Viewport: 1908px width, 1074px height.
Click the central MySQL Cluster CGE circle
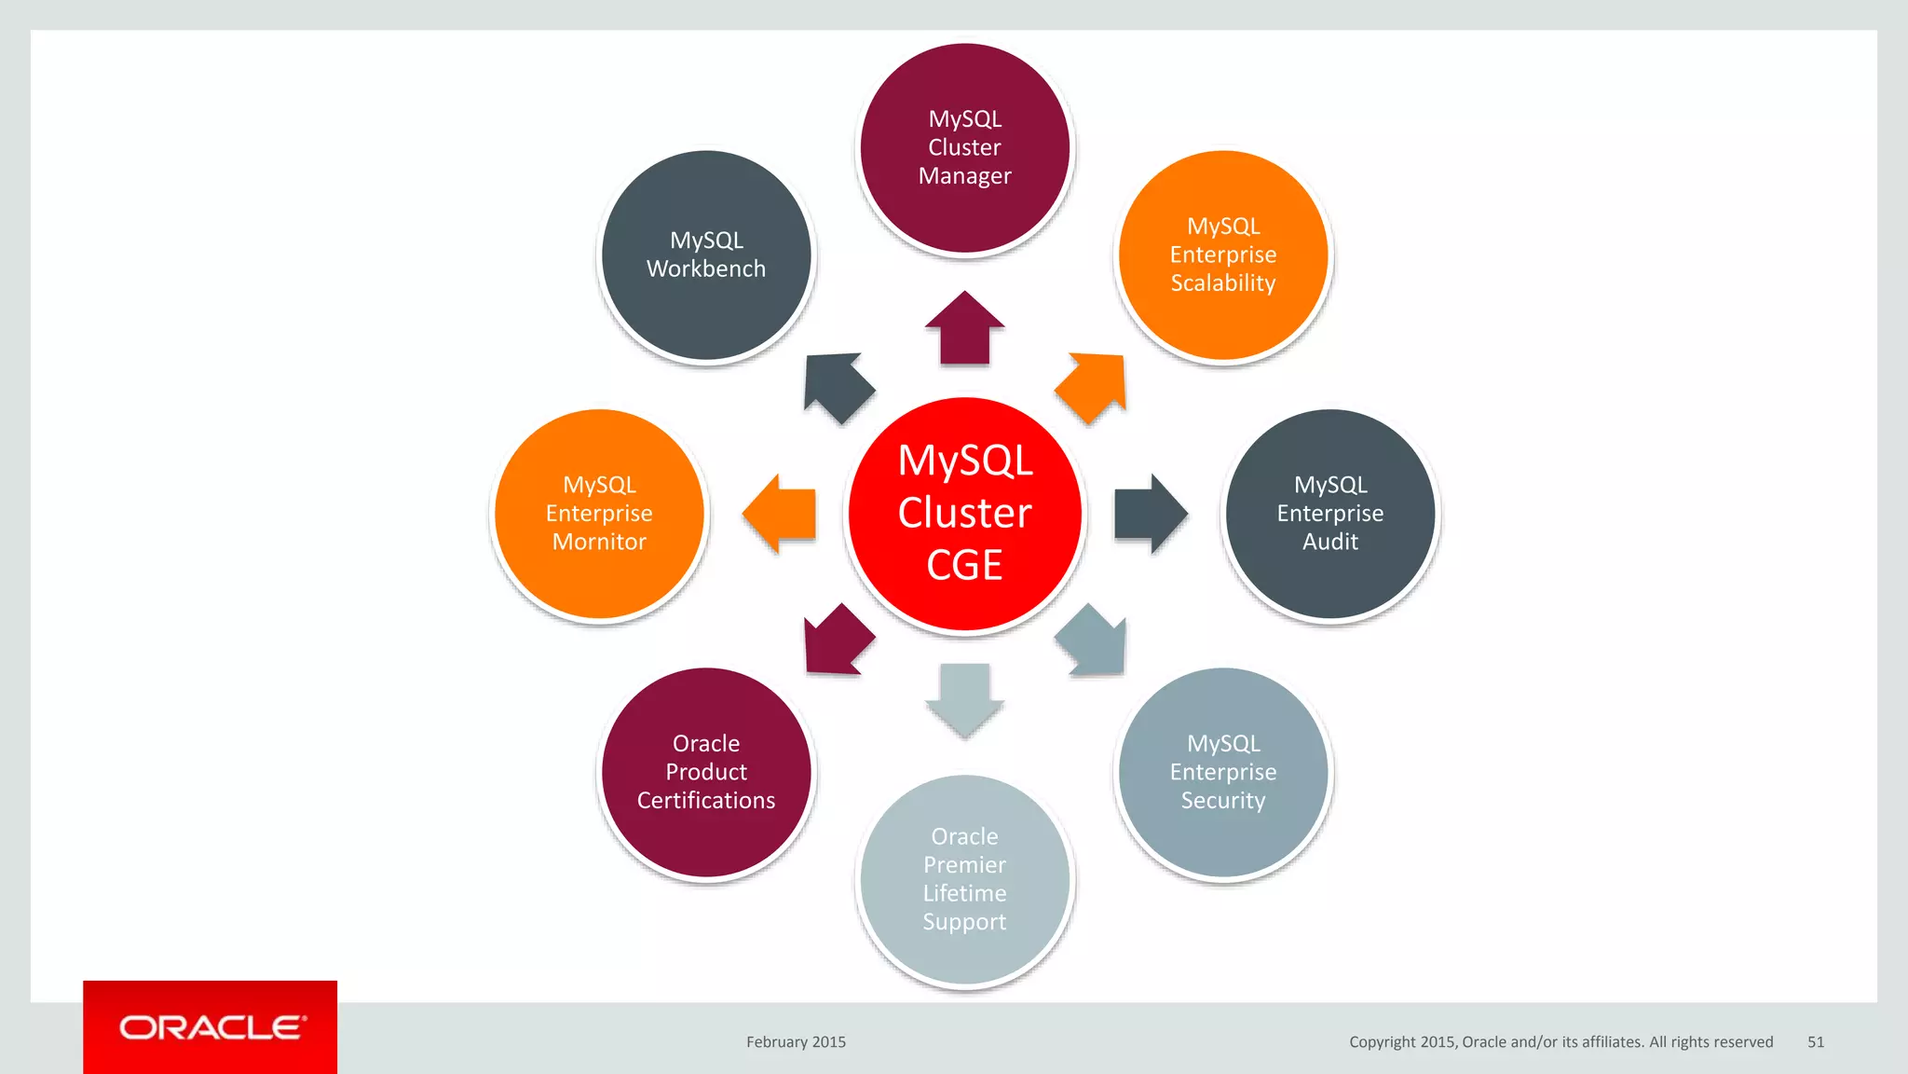964,514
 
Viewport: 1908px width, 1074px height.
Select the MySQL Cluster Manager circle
964,147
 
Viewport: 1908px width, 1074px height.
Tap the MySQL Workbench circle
706,255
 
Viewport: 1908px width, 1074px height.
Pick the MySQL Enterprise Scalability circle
1222,255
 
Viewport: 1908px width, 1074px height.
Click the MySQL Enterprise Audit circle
1329,514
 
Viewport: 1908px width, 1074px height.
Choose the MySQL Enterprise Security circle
1222,772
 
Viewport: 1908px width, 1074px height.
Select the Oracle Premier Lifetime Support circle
964,879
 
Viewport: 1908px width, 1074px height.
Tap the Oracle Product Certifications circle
706,772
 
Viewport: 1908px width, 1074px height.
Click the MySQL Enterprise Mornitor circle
599,514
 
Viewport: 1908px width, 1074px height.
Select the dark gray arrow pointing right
1149,514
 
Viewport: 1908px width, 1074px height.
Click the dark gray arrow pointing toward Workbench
836,385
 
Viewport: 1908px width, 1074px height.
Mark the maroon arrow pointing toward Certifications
836,642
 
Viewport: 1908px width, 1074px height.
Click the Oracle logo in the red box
211,1027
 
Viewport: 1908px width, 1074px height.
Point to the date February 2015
796,1042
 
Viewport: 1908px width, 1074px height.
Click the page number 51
1815,1042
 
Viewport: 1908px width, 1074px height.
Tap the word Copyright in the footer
1382,1042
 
